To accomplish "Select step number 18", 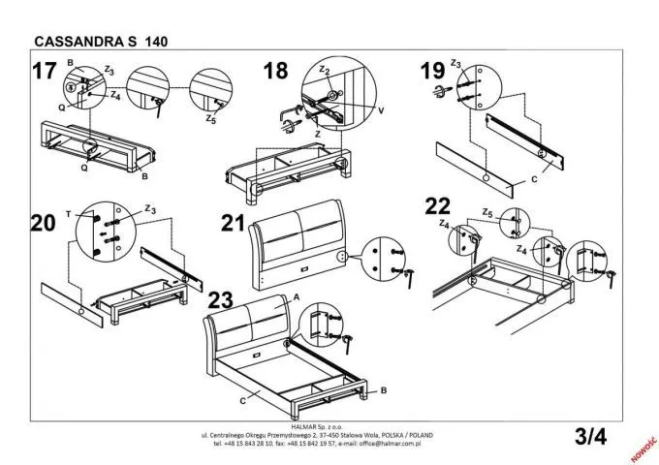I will tap(275, 71).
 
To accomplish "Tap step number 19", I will tap(433, 71).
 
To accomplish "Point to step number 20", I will tap(43, 223).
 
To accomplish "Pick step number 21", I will tap(233, 223).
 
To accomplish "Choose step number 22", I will tap(438, 205).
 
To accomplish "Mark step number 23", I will tap(221, 298).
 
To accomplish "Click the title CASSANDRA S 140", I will tap(92, 42).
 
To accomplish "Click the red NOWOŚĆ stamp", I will tap(644, 444).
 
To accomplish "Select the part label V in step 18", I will tap(381, 110).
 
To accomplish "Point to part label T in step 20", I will tap(68, 211).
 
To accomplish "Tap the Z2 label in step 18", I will tap(325, 71).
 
